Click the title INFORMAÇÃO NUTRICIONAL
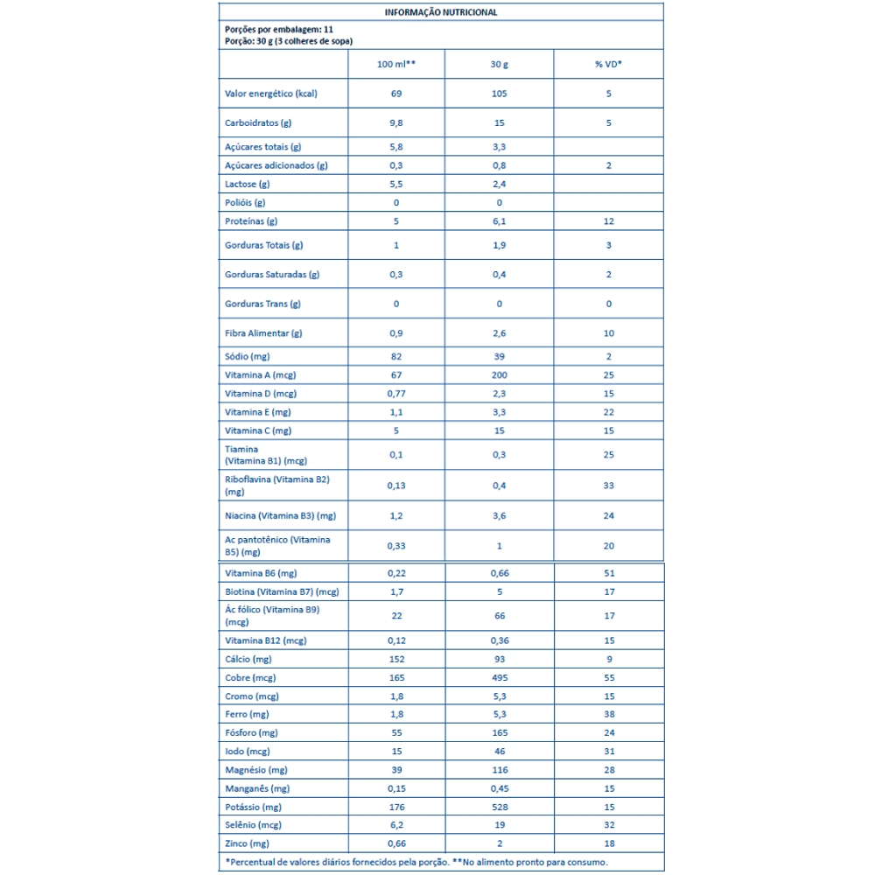click(441, 12)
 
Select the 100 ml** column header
click(395, 65)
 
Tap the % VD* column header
click(608, 65)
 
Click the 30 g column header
click(499, 65)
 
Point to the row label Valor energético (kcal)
click(270, 94)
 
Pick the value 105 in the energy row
click(499, 94)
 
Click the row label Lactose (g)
click(248, 184)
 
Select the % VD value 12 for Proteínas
click(608, 221)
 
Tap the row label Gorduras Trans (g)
click(262, 304)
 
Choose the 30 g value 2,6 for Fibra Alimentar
click(499, 333)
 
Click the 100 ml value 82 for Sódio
click(395, 357)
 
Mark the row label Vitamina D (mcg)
click(262, 394)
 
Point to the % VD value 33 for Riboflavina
click(608, 486)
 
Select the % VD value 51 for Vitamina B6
click(608, 573)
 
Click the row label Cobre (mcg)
click(252, 678)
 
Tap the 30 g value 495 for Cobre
click(499, 678)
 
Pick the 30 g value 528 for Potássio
click(499, 807)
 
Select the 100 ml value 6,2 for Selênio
click(395, 825)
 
